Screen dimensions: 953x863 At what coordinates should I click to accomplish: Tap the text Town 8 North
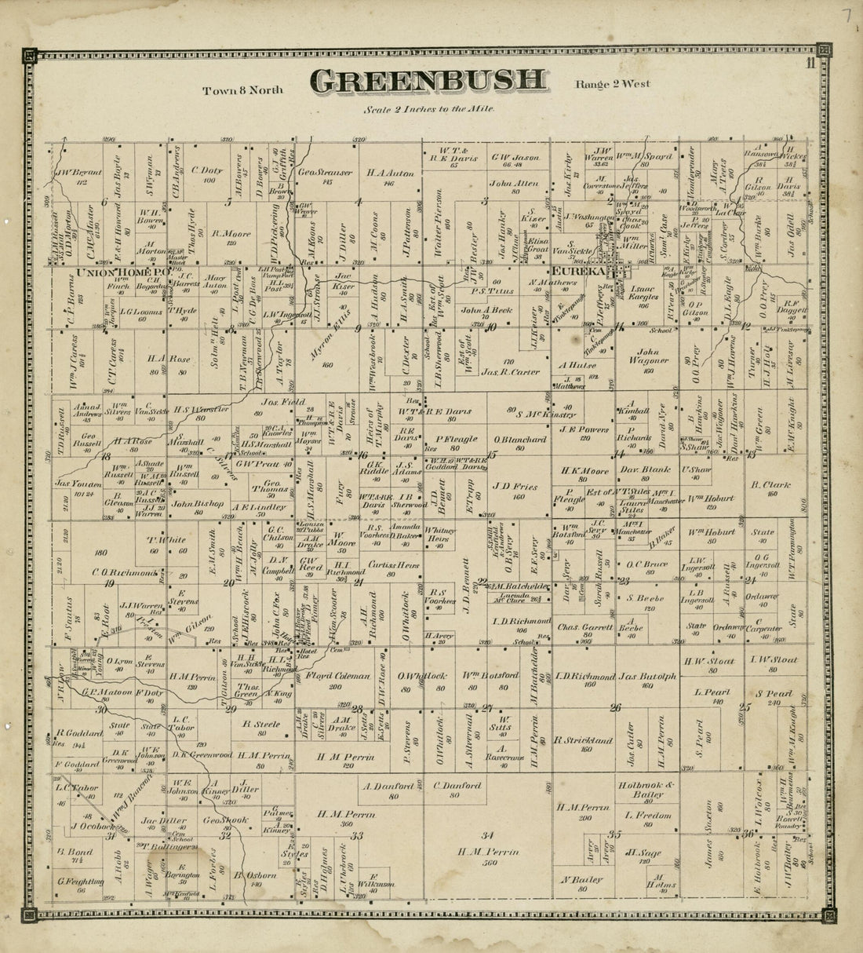click(242, 89)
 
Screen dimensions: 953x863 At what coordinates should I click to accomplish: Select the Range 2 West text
click(612, 84)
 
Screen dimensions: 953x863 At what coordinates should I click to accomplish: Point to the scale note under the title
click(428, 109)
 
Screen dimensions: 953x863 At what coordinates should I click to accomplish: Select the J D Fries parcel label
click(515, 486)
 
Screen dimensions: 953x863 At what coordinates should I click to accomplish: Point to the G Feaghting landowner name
click(81, 882)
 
